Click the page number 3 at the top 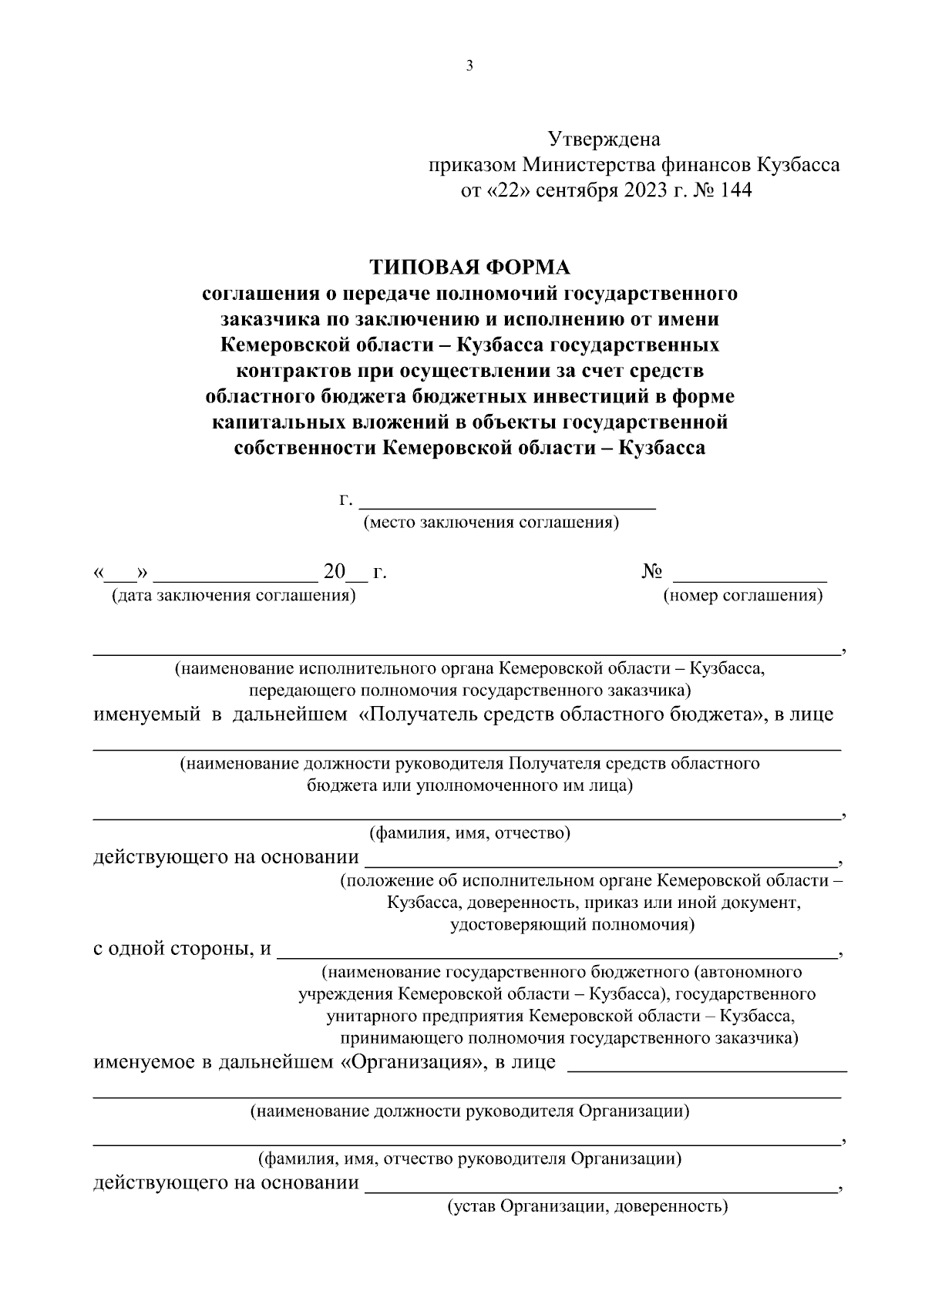coord(469,66)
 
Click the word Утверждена coord(604,140)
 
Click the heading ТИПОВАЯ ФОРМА coord(469,267)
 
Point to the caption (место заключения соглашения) coord(491,523)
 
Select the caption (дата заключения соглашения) coord(234,596)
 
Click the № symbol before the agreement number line coord(651,573)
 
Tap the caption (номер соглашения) coord(743,596)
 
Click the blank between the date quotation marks coord(120,574)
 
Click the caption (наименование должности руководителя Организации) coord(469,1111)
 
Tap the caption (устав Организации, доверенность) coord(587,1206)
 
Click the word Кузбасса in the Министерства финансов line coord(799,165)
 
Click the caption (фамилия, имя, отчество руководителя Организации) coord(469,1158)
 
